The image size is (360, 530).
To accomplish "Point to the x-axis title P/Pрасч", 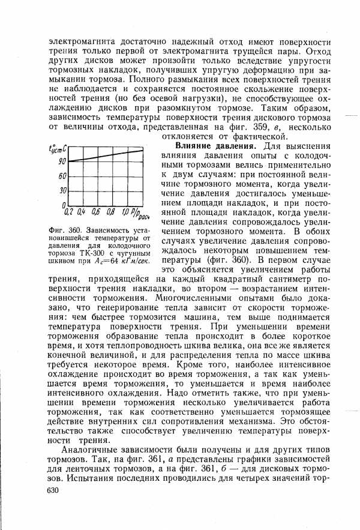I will coord(144,213).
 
